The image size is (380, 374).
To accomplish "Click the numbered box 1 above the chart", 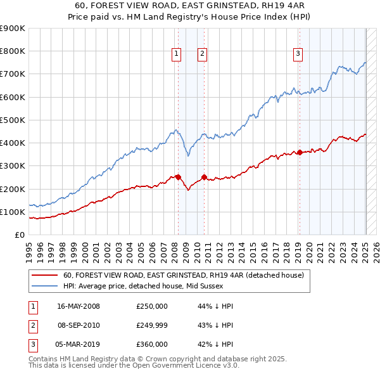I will (175, 55).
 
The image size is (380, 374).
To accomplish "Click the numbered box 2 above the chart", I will (202, 55).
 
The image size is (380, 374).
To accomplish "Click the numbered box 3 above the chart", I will (298, 55).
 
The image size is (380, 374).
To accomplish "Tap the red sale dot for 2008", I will (178, 177).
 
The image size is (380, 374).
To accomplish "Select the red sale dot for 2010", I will (205, 177).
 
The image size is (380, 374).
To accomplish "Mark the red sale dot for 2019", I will (300, 152).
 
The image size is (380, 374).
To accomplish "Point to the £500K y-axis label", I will (13, 120).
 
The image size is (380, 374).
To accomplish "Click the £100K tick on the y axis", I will (13, 212).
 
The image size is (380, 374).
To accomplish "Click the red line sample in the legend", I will (44, 275).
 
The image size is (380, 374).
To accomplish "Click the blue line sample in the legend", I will (44, 285).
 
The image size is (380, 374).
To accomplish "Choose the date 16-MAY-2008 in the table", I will (79, 306).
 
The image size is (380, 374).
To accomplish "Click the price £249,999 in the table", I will (152, 325).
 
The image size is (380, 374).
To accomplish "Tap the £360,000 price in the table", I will (152, 344).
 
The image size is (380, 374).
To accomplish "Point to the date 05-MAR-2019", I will (79, 344).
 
